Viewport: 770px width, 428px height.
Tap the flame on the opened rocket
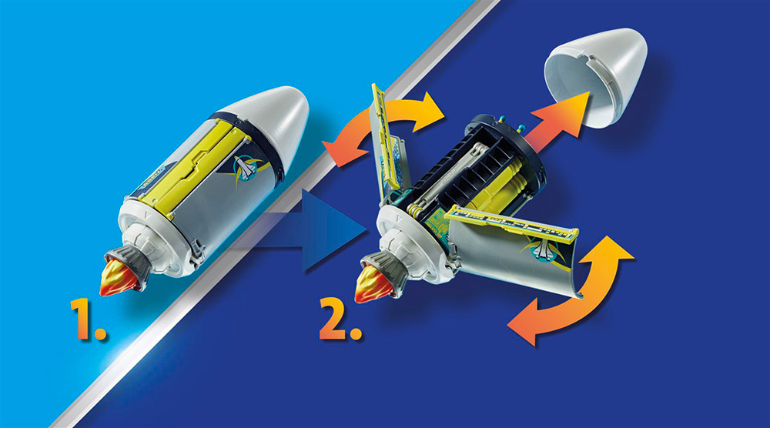click(372, 284)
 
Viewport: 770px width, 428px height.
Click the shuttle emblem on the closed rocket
click(246, 168)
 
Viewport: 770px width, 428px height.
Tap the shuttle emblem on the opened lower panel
click(543, 249)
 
